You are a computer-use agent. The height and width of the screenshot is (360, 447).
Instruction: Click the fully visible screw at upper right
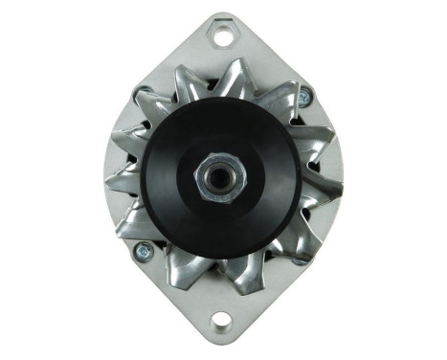tap(305, 98)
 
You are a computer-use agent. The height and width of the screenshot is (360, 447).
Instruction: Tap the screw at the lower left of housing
tap(145, 251)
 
